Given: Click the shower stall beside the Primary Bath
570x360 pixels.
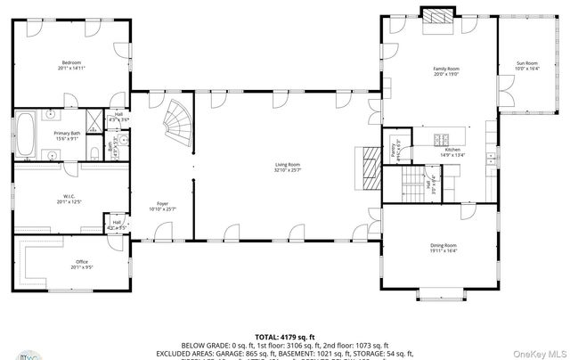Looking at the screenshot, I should point(93,121).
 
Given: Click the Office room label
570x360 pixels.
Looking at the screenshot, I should point(81,263).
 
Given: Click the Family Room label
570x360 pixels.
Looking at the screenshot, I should point(444,70).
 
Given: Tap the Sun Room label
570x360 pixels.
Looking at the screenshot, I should point(528,65).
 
